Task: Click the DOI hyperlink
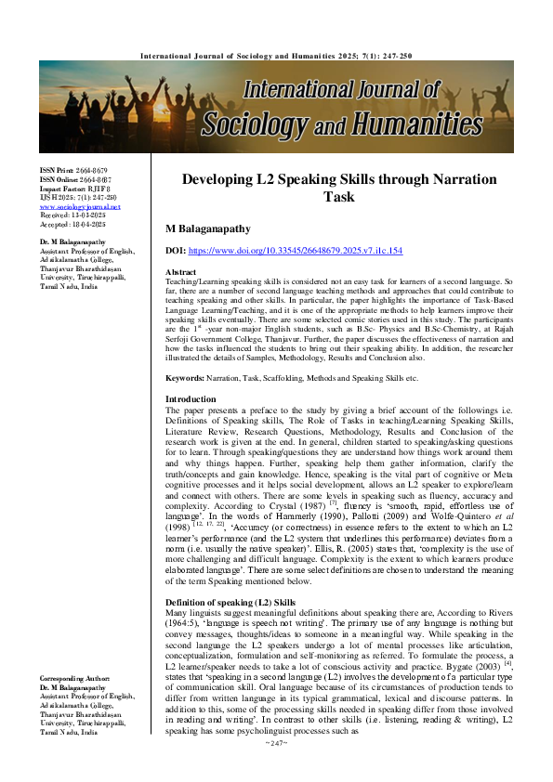pyautogui.click(x=296, y=251)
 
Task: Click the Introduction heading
pyautogui.click(x=190, y=424)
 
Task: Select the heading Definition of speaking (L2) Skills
pyautogui.click(x=230, y=577)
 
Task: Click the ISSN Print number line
pyautogui.click(x=73, y=172)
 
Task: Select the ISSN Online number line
pyautogui.click(x=75, y=180)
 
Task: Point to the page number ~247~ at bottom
pyautogui.click(x=277, y=769)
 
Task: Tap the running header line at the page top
pyautogui.click(x=276, y=55)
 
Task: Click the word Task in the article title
pyautogui.click(x=338, y=197)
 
